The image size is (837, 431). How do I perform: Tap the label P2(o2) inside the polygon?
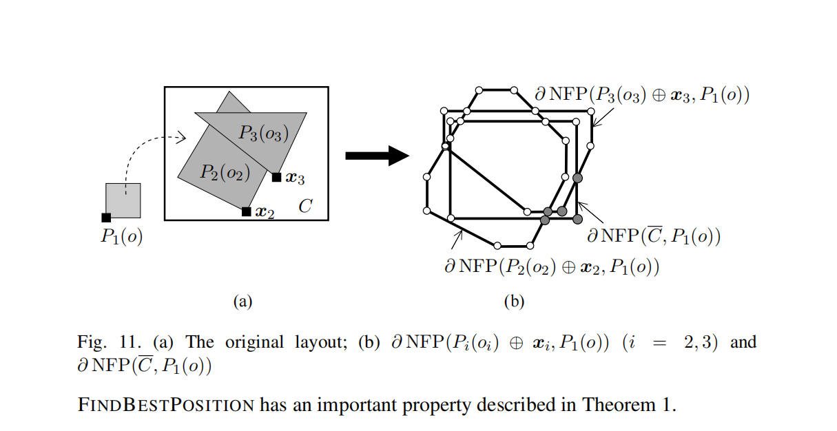[x=225, y=172]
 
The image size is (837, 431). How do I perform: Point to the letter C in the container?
[x=305, y=206]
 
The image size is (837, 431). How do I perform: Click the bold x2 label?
[x=265, y=213]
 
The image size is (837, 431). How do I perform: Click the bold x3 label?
[x=296, y=178]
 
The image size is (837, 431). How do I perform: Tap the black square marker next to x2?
[x=246, y=211]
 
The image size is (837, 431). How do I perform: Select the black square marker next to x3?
[x=276, y=177]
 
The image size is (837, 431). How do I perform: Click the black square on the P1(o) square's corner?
[x=106, y=218]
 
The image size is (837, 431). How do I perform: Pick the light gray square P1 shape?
[x=124, y=200]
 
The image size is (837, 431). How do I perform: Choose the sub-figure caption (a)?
[x=243, y=301]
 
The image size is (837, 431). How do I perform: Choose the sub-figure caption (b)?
[x=514, y=301]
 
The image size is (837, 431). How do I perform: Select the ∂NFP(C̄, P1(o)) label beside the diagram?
[x=653, y=237]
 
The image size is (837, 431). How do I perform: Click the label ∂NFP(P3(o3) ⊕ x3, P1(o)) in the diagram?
[x=642, y=94]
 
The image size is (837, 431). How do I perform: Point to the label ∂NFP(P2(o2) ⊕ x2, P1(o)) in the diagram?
[x=552, y=266]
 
